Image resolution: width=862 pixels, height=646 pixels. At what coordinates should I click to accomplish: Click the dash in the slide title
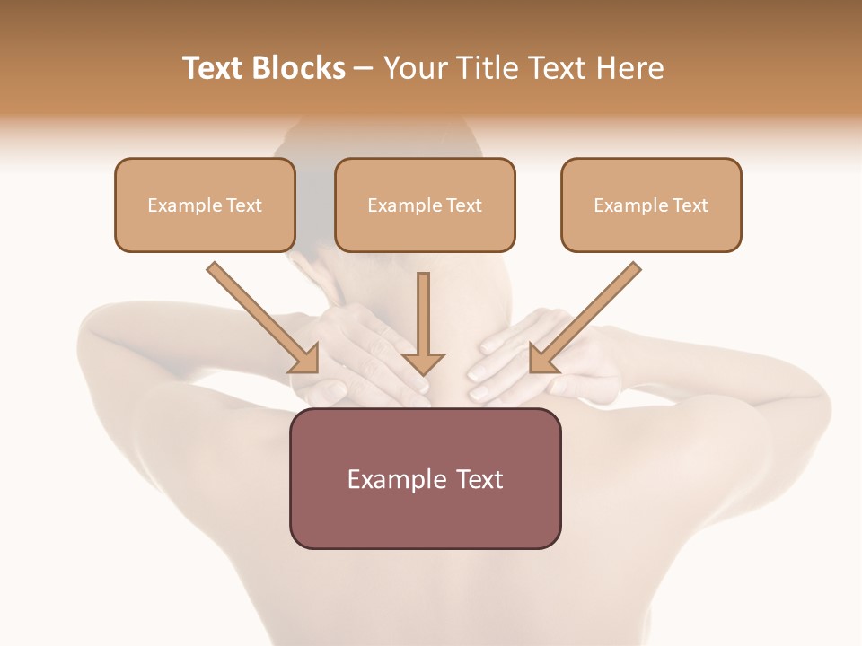(364, 68)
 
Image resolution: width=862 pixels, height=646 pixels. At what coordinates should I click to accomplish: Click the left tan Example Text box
(205, 205)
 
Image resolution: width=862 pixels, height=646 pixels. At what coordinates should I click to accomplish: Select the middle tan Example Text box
(425, 205)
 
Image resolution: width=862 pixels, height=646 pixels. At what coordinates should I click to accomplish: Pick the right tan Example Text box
(651, 205)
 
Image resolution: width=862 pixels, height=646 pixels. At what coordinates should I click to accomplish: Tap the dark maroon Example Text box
(425, 478)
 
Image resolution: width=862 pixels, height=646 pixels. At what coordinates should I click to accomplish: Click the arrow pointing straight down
(423, 319)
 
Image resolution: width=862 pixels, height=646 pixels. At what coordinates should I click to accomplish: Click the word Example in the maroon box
(390, 479)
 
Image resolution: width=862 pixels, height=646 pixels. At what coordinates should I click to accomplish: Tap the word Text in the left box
(244, 205)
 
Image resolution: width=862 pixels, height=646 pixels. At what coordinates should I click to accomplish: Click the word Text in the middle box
(464, 205)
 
